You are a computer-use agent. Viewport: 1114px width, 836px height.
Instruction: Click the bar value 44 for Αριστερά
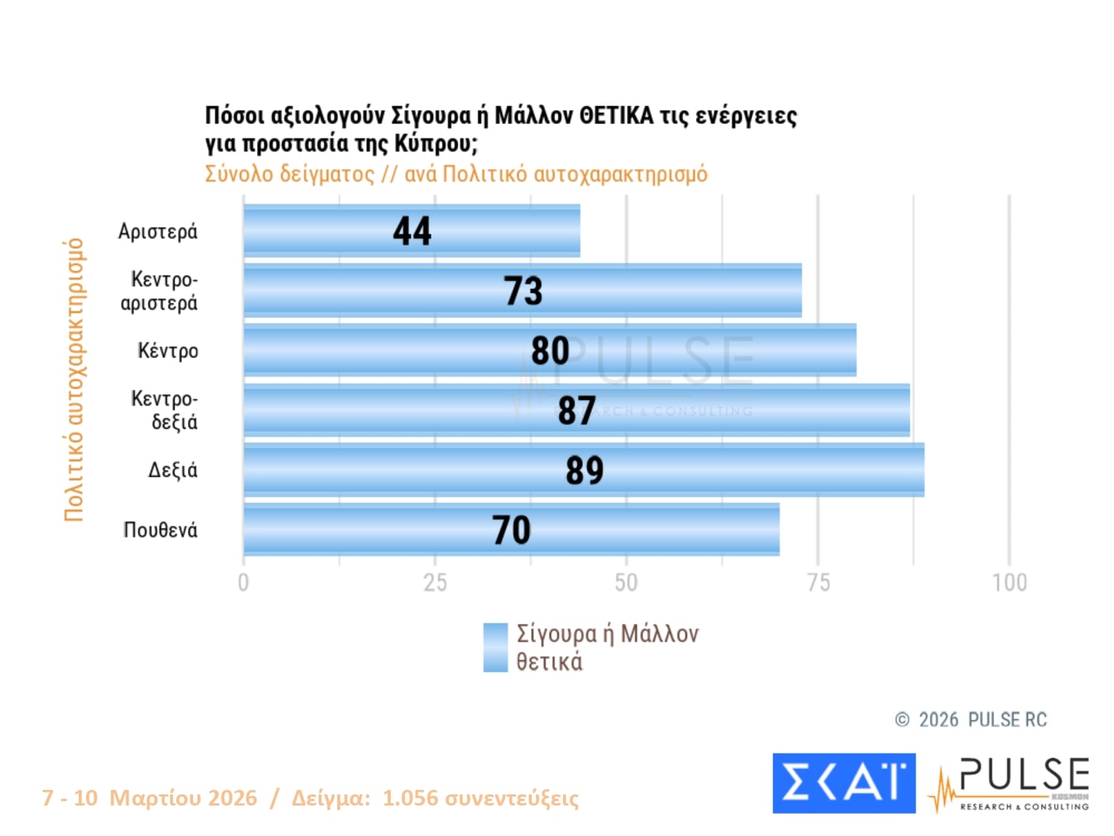(x=411, y=231)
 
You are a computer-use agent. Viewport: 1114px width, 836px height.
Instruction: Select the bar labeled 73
(x=523, y=291)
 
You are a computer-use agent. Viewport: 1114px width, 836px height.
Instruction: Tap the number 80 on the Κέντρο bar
(x=550, y=351)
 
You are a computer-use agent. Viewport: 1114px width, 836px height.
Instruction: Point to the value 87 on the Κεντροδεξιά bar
(x=577, y=410)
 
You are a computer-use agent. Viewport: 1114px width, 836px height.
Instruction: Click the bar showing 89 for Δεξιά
(x=584, y=470)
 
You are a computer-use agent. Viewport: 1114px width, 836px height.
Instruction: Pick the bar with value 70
(x=512, y=530)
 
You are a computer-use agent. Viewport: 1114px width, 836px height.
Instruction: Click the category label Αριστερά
(x=157, y=231)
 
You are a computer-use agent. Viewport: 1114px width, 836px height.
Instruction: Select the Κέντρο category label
(x=168, y=351)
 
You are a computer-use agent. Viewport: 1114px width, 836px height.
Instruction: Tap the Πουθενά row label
(x=160, y=530)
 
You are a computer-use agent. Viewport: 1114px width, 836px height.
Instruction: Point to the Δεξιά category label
(x=172, y=470)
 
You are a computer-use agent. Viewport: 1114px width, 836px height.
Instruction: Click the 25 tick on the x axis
(x=435, y=583)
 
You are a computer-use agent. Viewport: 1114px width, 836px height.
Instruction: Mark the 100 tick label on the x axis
(x=1009, y=583)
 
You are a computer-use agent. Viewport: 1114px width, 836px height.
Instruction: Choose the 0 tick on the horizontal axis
(x=244, y=583)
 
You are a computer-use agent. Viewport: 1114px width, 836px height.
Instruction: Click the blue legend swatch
(x=495, y=647)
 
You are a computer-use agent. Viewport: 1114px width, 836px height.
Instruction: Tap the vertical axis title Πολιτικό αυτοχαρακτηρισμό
(x=74, y=380)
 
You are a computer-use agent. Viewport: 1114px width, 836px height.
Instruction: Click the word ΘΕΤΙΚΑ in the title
(x=616, y=116)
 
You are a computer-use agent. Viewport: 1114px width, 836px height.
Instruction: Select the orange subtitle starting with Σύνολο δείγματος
(x=456, y=174)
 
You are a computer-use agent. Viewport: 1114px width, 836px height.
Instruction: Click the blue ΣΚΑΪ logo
(x=844, y=782)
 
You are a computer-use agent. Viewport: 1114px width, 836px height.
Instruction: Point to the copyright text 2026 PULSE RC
(x=982, y=719)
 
